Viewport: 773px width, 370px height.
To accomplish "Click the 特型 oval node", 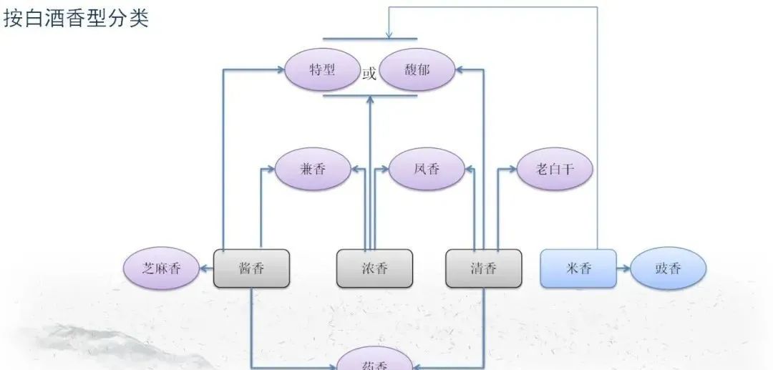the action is tap(321, 70).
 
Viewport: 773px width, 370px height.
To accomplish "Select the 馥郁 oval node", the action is tap(417, 70).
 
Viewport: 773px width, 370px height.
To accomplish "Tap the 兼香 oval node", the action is tap(313, 170).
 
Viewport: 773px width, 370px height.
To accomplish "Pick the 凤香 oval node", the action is tap(427, 170).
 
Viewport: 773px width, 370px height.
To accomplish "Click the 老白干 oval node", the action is tap(555, 170).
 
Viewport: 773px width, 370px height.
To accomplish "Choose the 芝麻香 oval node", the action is tap(160, 269).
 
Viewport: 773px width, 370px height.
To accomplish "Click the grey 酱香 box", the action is tap(251, 269).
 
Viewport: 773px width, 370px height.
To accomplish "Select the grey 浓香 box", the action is tap(374, 269).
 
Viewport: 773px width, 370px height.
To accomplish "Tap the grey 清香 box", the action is tap(483, 269).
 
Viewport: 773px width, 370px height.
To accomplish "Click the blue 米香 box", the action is tap(578, 269).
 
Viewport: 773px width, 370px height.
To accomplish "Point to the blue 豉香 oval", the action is tap(669, 269).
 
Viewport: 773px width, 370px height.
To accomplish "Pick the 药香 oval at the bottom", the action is tap(374, 363).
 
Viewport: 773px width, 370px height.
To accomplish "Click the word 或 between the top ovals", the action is tap(369, 74).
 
